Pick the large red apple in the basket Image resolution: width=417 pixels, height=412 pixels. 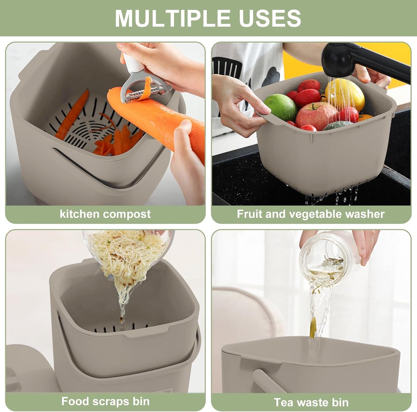click(x=317, y=116)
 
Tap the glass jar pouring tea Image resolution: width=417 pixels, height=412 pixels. click(x=323, y=256)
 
